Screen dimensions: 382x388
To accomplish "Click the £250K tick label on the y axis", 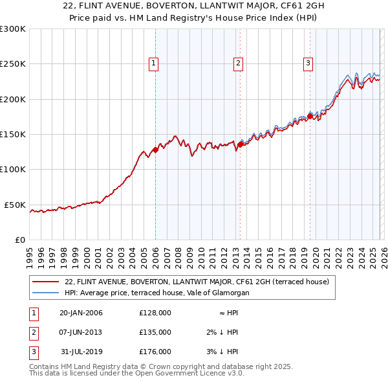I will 13,64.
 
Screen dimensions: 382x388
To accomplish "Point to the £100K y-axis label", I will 13,170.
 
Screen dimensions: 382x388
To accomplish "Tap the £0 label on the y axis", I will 19,240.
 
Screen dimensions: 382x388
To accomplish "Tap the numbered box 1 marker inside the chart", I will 154,63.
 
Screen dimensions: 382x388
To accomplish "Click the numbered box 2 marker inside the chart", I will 238,63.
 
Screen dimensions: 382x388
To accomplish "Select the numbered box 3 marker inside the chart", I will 308,63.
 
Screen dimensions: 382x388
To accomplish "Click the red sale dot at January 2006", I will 155,150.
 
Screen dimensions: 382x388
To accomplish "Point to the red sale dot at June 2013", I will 240,145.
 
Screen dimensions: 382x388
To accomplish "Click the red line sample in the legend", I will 45,282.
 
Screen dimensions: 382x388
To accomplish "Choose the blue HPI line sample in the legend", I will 45,293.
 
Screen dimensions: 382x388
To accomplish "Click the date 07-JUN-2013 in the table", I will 80,332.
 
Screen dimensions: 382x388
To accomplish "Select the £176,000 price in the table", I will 155,352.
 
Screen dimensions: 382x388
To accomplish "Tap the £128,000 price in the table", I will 155,313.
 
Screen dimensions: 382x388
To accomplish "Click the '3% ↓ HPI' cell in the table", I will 222,352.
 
